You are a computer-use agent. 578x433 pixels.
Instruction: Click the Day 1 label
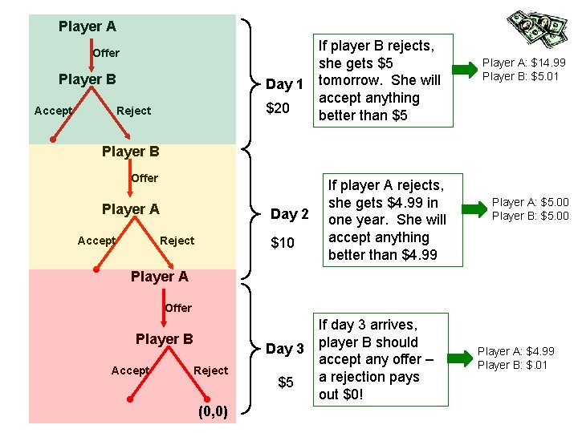coord(284,84)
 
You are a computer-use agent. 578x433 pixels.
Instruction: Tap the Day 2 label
coord(290,214)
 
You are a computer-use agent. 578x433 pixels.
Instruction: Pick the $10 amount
coord(283,242)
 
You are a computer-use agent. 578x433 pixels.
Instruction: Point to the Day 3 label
coord(285,349)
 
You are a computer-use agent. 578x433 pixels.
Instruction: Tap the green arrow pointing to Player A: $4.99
coord(462,358)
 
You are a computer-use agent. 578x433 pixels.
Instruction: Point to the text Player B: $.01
coord(512,366)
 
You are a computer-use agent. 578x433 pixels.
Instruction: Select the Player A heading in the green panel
coord(87,26)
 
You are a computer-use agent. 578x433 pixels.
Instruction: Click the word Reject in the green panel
coord(133,111)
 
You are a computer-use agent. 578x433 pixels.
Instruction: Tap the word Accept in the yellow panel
coord(96,241)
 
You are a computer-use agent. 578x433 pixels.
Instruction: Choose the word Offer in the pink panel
coord(177,308)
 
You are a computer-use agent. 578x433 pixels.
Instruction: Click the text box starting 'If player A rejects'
coord(385,220)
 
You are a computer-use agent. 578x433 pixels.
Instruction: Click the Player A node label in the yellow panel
coord(130,209)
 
